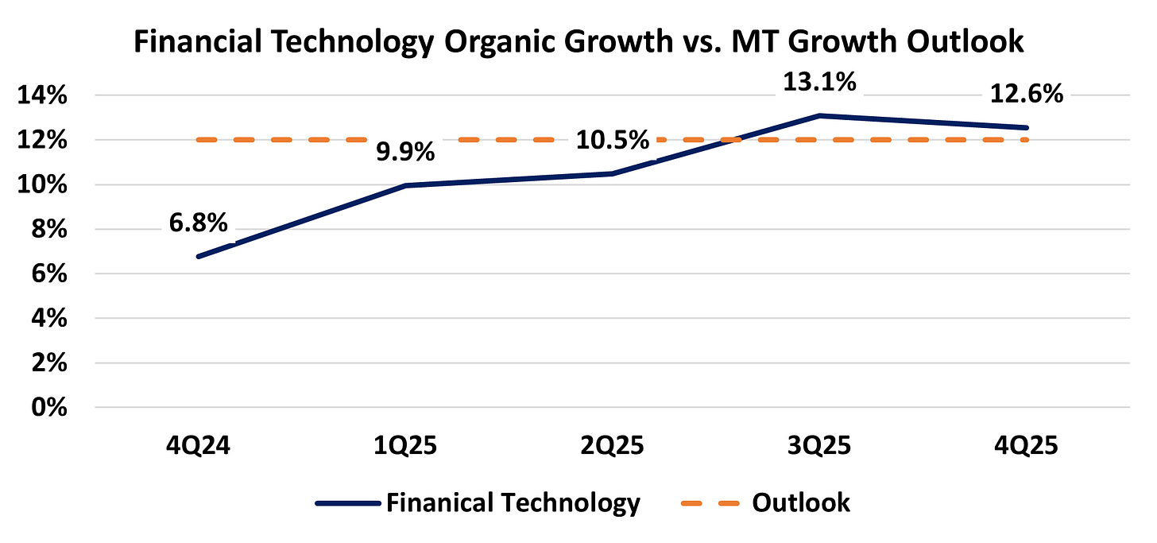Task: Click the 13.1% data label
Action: pos(820,83)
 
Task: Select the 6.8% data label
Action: pos(199,223)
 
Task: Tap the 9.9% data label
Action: pos(405,152)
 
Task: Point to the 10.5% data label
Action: pos(613,140)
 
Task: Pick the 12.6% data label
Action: pos(1027,94)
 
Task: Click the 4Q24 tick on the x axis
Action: pos(198,445)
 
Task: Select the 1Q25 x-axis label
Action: pos(405,445)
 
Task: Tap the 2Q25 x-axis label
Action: pos(613,445)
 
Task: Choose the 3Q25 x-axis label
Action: pos(819,445)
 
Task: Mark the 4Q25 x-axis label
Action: pos(1027,445)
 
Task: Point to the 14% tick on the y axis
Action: pos(42,95)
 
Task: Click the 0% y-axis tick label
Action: pos(49,408)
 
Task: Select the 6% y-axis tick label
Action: pos(49,273)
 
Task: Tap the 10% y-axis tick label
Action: pos(42,185)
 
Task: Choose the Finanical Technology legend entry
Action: pos(478,502)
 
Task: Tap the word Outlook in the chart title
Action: pos(965,41)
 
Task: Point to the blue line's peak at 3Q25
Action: pos(820,115)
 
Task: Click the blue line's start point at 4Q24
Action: pos(199,256)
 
